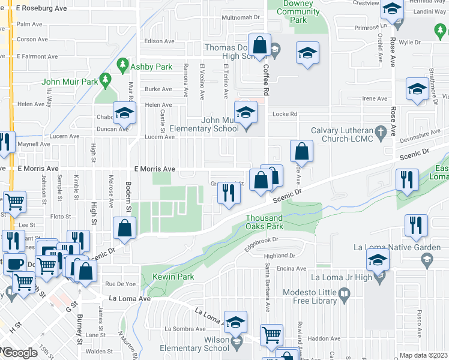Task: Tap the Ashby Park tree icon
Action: (x=123, y=63)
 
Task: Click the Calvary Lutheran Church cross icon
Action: (x=379, y=131)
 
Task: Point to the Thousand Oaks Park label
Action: (x=264, y=222)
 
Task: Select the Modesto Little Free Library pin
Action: (x=344, y=294)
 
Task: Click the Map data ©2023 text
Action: (x=424, y=355)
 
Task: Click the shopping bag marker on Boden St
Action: (x=124, y=229)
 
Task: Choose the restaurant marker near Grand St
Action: (x=228, y=193)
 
